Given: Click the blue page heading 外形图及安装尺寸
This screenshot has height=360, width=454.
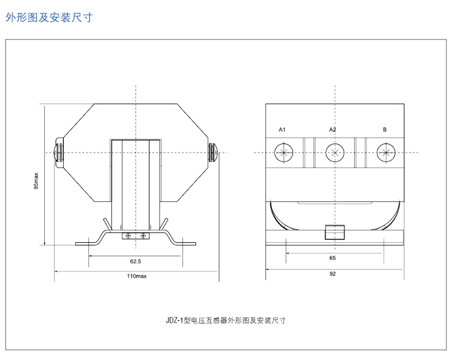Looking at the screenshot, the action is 49,18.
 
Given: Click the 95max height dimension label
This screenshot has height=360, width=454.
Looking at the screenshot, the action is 36,181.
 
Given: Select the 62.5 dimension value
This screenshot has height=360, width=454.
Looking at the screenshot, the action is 135,261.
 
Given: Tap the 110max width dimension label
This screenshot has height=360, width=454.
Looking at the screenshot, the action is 137,276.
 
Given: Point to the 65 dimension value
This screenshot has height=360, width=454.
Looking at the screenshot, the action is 333,258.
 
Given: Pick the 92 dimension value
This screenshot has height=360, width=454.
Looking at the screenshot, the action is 333,274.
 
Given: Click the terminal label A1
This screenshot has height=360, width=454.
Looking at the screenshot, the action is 282,130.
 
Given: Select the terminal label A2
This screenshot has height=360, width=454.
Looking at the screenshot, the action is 333,130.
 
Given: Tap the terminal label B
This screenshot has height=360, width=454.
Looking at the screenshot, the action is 385,130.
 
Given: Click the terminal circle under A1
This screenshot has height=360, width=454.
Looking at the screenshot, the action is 284,153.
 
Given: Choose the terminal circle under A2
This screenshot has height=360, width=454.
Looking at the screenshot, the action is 335,153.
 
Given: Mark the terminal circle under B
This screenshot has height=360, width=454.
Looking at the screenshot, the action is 386,153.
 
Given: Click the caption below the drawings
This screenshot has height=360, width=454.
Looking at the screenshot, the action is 226,320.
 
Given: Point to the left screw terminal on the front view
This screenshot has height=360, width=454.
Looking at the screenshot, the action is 59,153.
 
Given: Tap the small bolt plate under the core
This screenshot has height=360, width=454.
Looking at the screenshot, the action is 135,236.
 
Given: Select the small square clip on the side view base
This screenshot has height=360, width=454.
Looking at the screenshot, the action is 335,233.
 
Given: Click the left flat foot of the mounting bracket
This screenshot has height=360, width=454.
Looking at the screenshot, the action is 86,244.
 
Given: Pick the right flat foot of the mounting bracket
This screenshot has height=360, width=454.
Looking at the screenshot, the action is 185,244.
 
